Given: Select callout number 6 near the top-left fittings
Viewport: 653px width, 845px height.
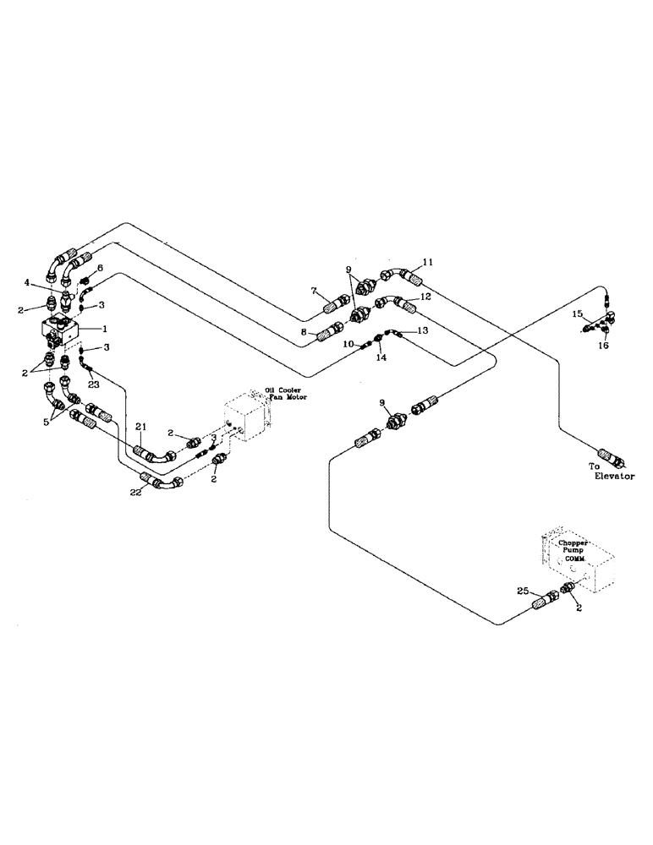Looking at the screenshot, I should (101, 268).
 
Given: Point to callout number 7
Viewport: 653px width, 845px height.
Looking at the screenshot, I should (314, 291).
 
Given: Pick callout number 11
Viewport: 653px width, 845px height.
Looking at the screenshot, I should (427, 263).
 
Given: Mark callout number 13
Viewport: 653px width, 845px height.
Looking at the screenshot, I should (423, 330).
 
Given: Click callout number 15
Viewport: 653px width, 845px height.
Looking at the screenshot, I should (577, 314).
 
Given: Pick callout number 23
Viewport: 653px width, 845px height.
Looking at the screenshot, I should (92, 383).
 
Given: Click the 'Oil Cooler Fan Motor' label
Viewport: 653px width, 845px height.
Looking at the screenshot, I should (283, 395).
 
